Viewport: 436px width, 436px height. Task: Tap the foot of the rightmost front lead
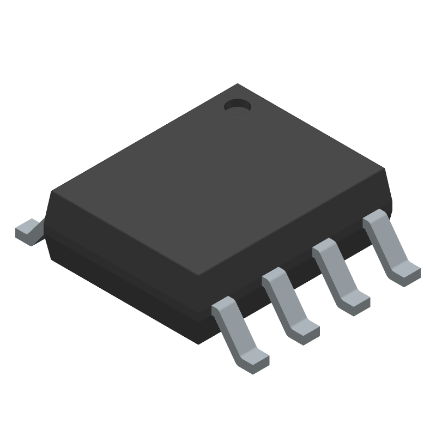coord(407,270)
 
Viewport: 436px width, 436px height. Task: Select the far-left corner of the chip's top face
coord(52,191)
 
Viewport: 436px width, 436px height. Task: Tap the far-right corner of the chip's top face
coord(386,170)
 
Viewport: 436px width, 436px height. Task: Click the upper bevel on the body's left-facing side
coord(125,240)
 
